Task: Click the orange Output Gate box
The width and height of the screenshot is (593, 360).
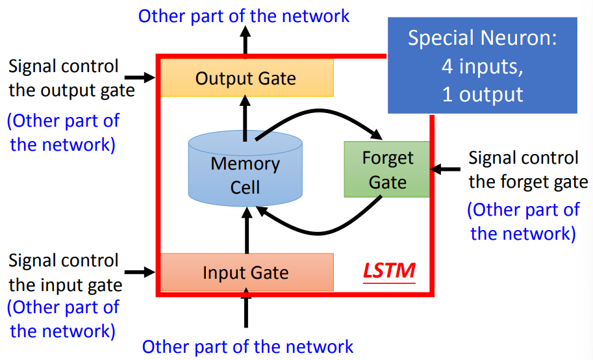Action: (246, 78)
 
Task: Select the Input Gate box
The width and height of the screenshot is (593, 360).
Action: (246, 272)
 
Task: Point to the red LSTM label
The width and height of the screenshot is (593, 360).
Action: (389, 270)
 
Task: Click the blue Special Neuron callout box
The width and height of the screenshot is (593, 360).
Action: (482, 65)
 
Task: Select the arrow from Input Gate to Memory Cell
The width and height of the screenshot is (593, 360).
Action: (246, 234)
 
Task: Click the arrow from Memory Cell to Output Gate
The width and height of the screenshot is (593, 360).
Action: (246, 117)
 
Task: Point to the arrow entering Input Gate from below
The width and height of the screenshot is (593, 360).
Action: (246, 311)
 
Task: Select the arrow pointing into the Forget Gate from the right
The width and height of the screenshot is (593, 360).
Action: (447, 170)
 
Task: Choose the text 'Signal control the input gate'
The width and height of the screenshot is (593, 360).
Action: (65, 272)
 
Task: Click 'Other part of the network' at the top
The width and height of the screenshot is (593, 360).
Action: (244, 15)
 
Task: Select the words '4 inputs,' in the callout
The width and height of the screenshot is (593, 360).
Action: (482, 66)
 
